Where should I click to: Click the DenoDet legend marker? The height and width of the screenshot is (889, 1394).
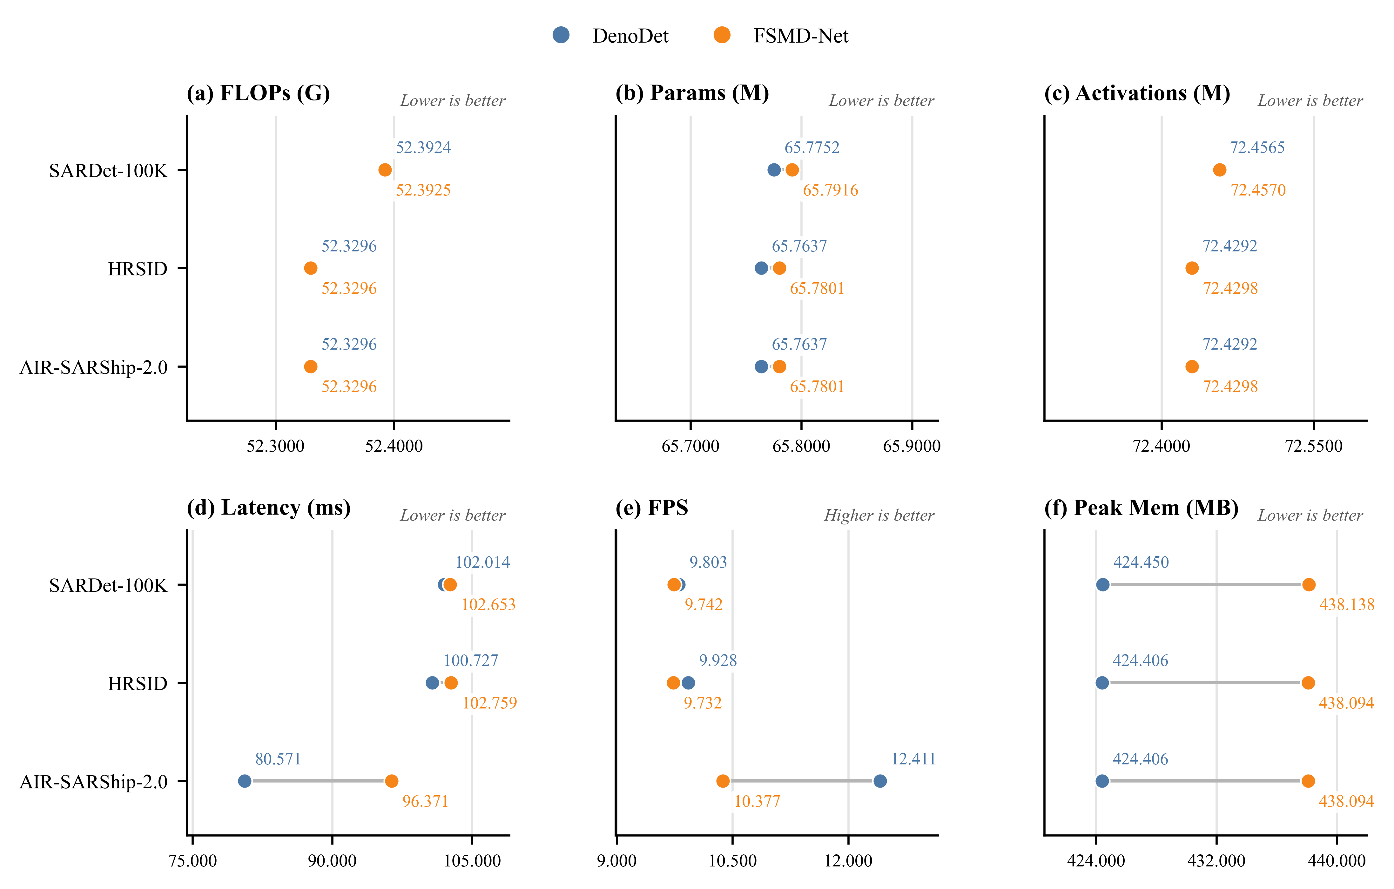point(561,35)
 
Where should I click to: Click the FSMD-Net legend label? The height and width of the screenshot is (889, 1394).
point(801,36)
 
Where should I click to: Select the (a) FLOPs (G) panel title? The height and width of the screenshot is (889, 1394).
point(258,93)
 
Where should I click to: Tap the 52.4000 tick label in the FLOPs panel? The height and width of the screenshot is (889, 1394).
point(394,446)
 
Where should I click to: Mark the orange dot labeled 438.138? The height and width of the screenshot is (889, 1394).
point(1309,585)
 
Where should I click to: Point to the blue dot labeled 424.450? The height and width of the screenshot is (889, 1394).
point(1103,585)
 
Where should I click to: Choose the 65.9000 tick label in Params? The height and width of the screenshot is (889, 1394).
point(912,446)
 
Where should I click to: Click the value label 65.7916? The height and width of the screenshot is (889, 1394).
point(830,190)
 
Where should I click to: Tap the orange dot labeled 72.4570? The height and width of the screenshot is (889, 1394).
point(1220,170)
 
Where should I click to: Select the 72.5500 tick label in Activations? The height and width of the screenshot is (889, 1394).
point(1314,446)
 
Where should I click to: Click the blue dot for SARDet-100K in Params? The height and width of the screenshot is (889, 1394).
point(774,170)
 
